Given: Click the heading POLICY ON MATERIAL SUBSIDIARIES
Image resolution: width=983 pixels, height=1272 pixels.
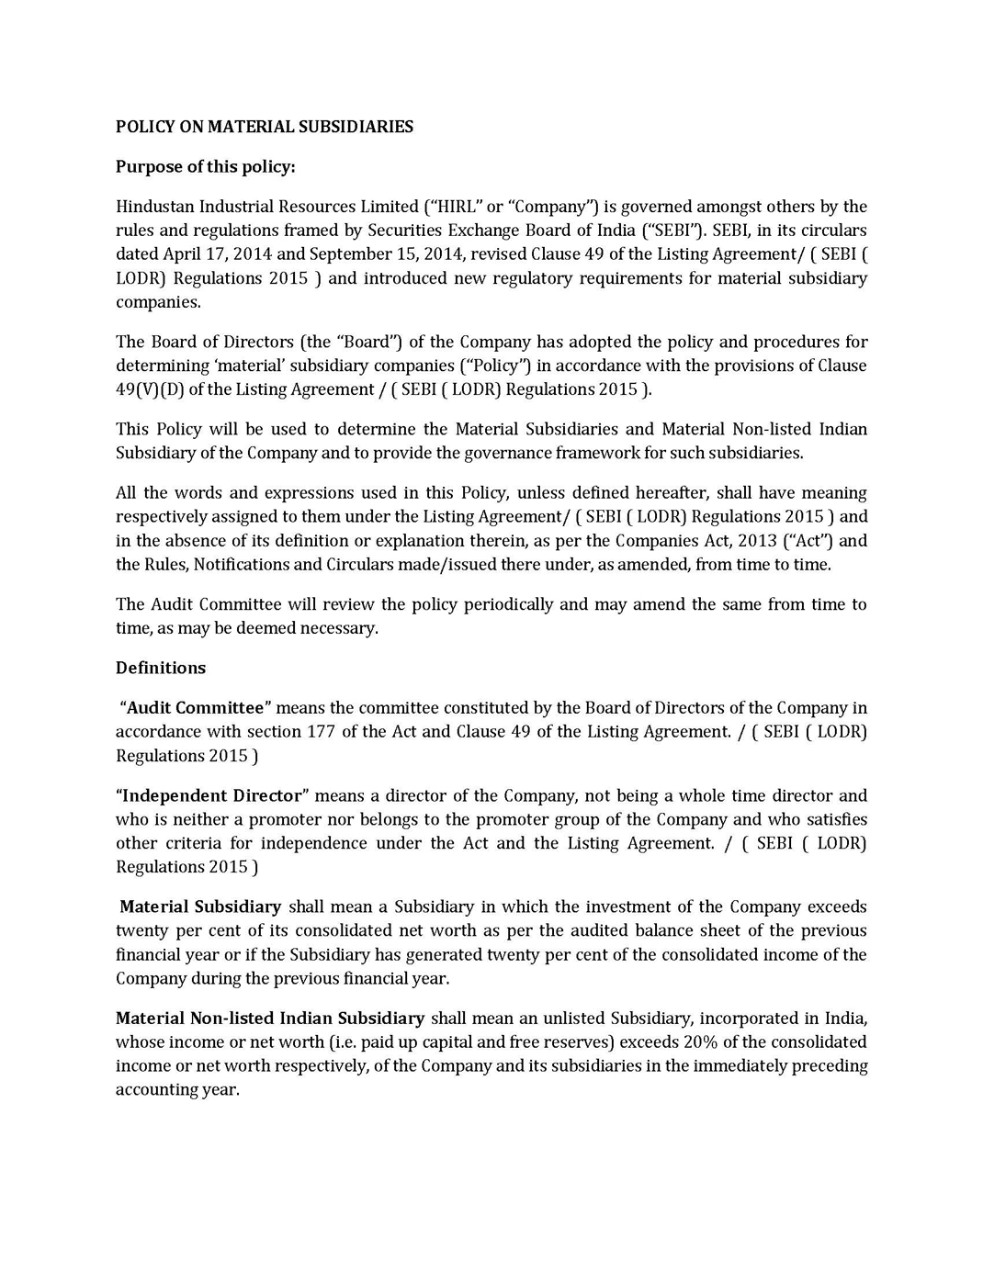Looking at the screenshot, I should [x=265, y=127].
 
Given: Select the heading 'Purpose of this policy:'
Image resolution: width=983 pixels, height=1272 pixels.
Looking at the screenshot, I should [x=205, y=166].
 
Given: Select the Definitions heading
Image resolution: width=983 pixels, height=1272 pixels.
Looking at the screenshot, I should [x=161, y=668].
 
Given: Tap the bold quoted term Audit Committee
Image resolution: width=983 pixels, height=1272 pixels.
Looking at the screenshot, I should [x=195, y=707].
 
